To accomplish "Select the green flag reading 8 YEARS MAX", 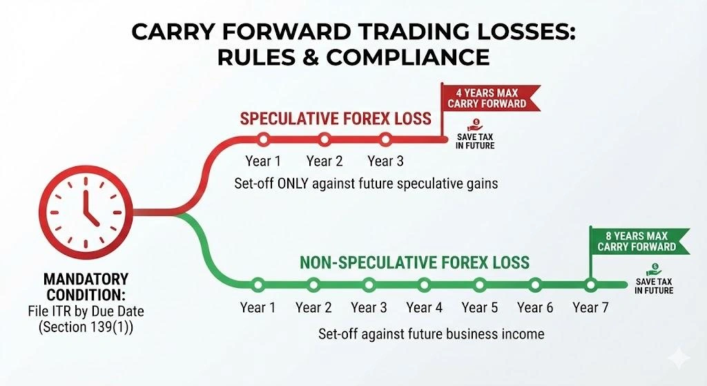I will point(636,241).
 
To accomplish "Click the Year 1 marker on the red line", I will point(262,139).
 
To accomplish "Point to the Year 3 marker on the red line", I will point(385,139).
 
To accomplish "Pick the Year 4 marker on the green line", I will point(424,283).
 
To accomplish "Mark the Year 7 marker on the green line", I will point(590,283).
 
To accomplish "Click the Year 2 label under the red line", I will point(324,162).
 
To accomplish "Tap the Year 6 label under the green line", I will point(535,307).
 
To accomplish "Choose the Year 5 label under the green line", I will point(479,307).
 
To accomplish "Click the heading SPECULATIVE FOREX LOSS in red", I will point(336,119).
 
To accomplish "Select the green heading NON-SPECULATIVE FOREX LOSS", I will point(414,262).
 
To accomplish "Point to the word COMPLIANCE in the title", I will point(408,57).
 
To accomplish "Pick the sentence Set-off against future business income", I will point(431,334).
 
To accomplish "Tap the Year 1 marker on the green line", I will point(258,283).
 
